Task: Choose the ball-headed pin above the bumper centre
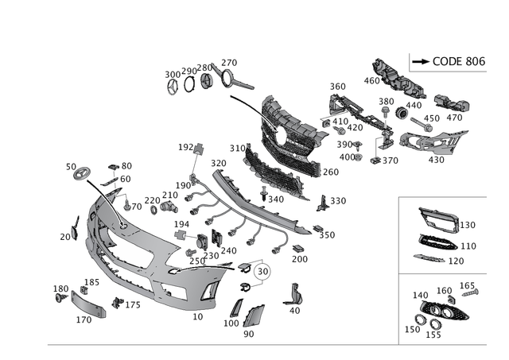click(197, 149)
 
